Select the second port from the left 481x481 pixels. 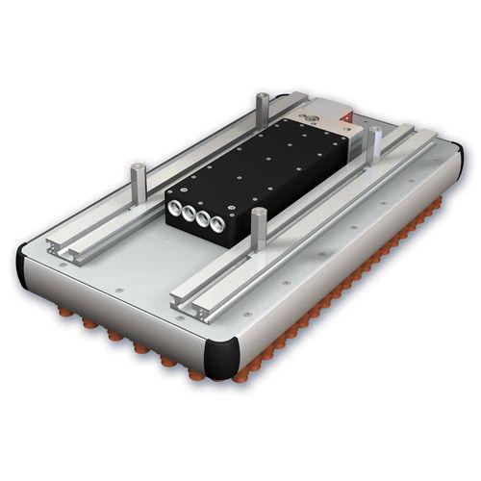coord(190,213)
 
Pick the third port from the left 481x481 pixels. coord(203,220)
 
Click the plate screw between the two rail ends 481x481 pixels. coord(117,289)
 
